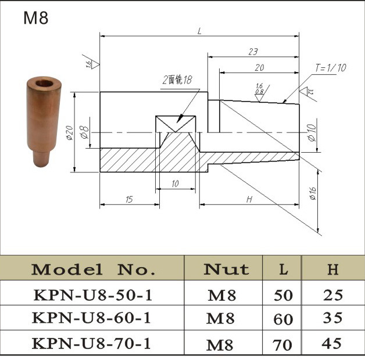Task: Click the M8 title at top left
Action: pos(36,18)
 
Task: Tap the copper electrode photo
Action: pos(43,121)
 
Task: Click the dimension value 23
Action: pos(253,52)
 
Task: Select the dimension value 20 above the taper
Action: pos(259,67)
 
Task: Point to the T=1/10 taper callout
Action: pos(331,68)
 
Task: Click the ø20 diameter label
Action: pos(70,133)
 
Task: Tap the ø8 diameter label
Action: pos(84,132)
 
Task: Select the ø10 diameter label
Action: pos(312,133)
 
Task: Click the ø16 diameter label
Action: pos(313,193)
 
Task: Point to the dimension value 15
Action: pos(129,199)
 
